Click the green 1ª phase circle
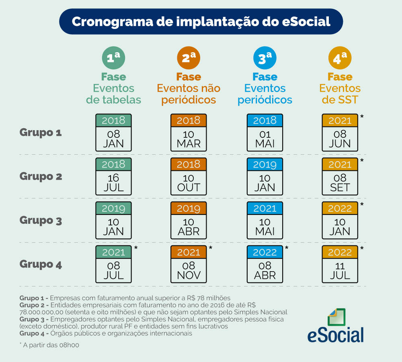[x=113, y=58]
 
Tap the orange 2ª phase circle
[x=189, y=58]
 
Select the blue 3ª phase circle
[x=265, y=58]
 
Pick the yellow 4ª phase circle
[x=340, y=58]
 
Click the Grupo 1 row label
[x=41, y=133]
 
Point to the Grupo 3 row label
[x=41, y=221]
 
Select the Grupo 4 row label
[x=41, y=264]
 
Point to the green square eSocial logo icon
[x=336, y=317]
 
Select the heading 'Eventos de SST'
[x=340, y=94]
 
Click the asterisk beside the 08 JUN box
[x=362, y=117]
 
